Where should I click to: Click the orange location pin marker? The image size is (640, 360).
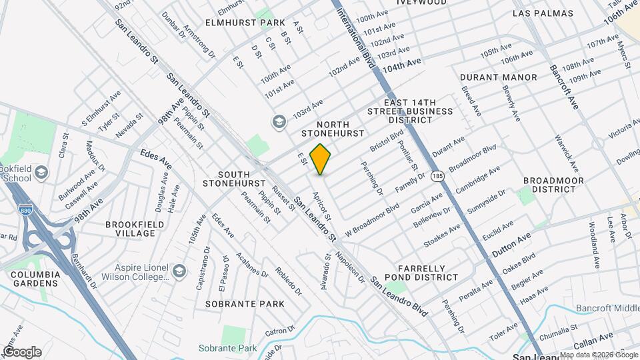click(x=321, y=159)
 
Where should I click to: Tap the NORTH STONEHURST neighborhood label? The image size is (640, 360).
click(x=333, y=129)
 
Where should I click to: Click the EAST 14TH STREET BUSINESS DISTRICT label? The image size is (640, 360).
click(x=409, y=110)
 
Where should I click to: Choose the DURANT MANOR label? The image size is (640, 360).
click(x=499, y=77)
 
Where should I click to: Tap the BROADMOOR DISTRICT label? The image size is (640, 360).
click(x=553, y=185)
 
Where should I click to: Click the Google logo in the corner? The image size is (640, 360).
click(x=21, y=352)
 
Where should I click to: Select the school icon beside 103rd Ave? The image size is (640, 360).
click(x=278, y=121)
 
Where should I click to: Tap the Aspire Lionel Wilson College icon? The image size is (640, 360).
click(x=179, y=271)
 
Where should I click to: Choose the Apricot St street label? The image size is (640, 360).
click(x=322, y=203)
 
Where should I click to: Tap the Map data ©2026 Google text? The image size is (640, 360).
click(x=599, y=355)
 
